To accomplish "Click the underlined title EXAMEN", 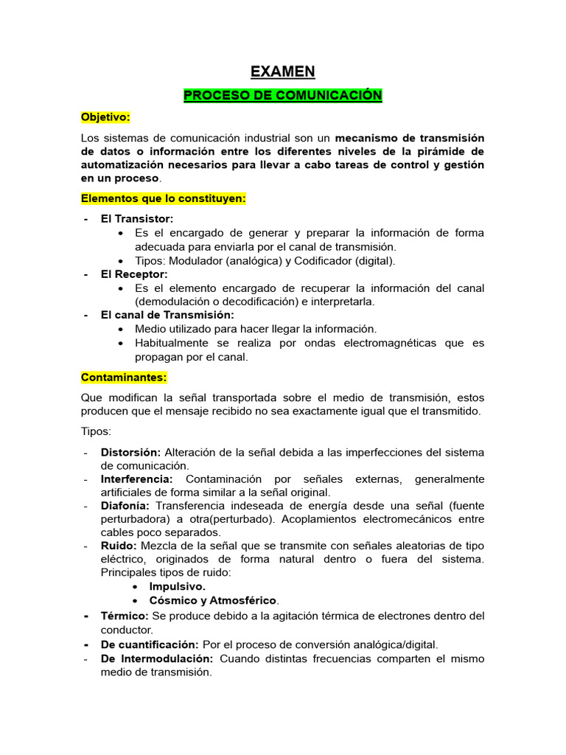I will pos(282,72).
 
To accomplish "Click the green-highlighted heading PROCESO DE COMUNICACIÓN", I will pos(282,96).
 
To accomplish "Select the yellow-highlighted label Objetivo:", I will pos(105,117).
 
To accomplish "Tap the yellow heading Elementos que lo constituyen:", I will pos(163,199).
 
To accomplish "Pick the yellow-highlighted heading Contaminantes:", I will pos(124,377).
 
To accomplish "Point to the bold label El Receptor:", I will pos(134,274).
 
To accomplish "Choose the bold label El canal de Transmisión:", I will pos(167,315).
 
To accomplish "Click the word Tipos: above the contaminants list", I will pos(96,431).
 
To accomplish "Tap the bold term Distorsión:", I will pos(130,452).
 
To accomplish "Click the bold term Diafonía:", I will pos(125,506).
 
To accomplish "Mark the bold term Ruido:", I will pos(119,546).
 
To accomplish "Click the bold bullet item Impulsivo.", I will pos(178,586).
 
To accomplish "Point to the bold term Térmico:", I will pos(125,616).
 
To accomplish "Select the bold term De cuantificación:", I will pos(150,644).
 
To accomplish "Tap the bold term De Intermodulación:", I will pos(157,658).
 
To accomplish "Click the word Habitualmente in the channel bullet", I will pos(170,343).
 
